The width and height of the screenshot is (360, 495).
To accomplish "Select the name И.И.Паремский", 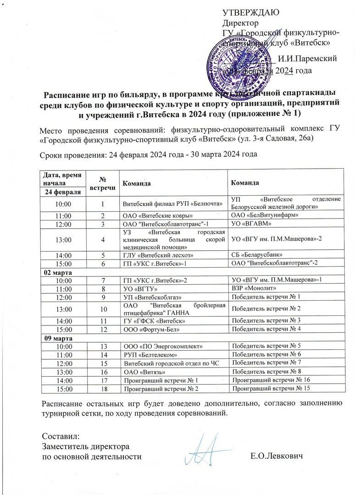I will pos(308,58).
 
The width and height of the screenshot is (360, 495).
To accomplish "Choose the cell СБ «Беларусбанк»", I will pos(256,254).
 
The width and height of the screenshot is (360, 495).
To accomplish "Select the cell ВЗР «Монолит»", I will pos(254,289).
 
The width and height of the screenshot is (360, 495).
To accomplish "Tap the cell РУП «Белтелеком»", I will pos(150,355).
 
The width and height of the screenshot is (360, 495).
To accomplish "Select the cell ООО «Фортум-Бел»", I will pos(149,329).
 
